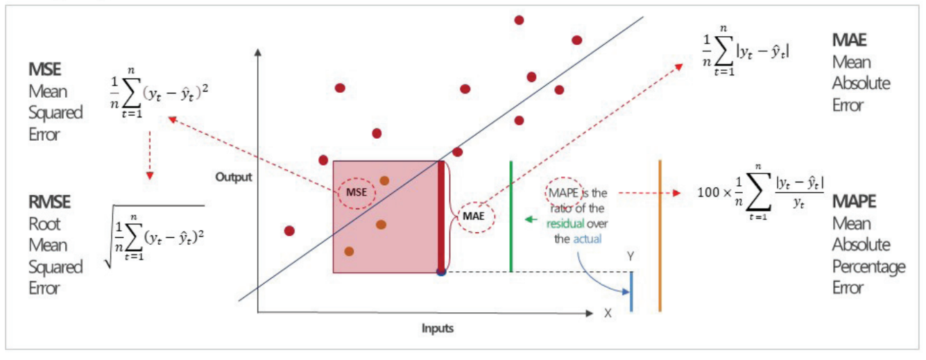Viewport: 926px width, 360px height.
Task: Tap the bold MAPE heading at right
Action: [x=854, y=202]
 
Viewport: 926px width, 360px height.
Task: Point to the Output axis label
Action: [x=233, y=178]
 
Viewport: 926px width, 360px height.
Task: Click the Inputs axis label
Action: [x=437, y=328]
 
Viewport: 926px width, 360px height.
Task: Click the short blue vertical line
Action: [x=631, y=291]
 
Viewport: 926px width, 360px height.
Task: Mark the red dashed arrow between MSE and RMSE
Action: [x=149, y=161]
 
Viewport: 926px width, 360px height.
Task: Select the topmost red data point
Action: [x=519, y=19]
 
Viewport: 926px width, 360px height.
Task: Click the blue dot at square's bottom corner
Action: [x=440, y=271]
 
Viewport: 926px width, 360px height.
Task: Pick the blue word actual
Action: [x=588, y=239]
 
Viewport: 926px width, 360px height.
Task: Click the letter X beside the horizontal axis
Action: [x=608, y=314]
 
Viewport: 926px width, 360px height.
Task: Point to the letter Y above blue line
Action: [x=631, y=257]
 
